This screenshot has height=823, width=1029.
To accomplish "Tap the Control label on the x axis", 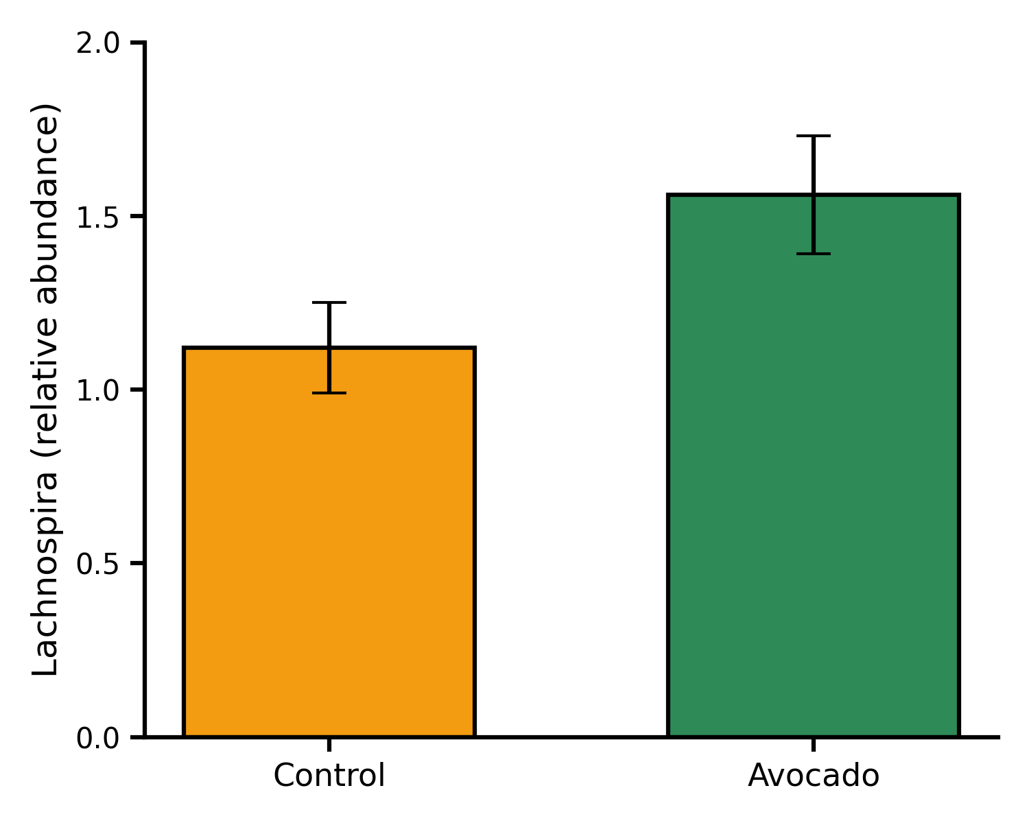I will [x=329, y=776].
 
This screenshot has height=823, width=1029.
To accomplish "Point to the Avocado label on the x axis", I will [x=813, y=776].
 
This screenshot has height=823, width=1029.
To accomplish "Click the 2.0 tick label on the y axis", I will [x=98, y=43].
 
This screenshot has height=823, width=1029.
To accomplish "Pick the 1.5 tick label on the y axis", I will [x=98, y=217].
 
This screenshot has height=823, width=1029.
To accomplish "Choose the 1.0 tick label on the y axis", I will [x=98, y=390].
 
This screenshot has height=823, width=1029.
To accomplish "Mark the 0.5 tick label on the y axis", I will [x=98, y=564].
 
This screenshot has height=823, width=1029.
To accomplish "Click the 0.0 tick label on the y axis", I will [x=98, y=738].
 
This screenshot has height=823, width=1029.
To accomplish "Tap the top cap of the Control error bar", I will [x=329, y=302].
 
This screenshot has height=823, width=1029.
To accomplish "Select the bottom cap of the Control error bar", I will [x=329, y=393].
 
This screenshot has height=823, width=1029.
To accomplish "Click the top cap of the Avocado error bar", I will [x=813, y=136].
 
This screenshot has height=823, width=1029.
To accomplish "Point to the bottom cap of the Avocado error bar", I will [x=813, y=254].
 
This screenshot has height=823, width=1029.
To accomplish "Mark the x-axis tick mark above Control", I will [x=329, y=743].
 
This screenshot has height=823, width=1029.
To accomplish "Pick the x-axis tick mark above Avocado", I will [x=813, y=743].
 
